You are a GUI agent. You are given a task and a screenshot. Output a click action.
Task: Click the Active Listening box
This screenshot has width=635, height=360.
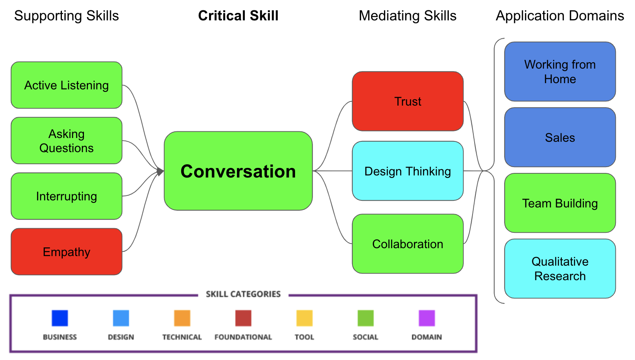pyautogui.click(x=66, y=85)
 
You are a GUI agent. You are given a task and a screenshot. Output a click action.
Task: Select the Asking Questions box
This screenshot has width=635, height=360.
pyautogui.click(x=66, y=141)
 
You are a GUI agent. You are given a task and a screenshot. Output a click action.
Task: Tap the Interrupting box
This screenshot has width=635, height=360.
pyautogui.click(x=66, y=196)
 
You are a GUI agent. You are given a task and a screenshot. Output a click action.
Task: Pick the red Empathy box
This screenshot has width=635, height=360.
pyautogui.click(x=66, y=252)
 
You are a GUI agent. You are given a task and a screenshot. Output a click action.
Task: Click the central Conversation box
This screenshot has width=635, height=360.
pyautogui.click(x=238, y=171)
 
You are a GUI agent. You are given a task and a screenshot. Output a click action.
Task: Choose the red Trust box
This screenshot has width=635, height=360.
pyautogui.click(x=408, y=101)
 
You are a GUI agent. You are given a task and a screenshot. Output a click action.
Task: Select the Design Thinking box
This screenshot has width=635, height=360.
pyautogui.click(x=408, y=171)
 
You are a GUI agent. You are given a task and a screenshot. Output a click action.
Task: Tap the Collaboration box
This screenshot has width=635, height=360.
pyautogui.click(x=408, y=244)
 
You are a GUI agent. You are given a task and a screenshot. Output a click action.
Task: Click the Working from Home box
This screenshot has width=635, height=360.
pyautogui.click(x=560, y=72)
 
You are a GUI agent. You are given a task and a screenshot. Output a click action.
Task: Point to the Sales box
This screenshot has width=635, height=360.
pyautogui.click(x=560, y=137)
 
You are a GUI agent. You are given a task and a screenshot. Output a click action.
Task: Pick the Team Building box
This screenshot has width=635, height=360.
pyautogui.click(x=560, y=203)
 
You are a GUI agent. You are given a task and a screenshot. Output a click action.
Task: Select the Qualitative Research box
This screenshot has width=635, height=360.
pyautogui.click(x=560, y=269)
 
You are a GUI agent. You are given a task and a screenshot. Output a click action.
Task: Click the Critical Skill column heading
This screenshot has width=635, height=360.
pyautogui.click(x=238, y=16)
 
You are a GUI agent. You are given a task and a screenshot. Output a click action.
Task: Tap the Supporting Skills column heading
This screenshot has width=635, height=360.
pyautogui.click(x=66, y=16)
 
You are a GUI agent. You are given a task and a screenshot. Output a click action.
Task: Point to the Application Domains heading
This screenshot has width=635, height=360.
pyautogui.click(x=560, y=16)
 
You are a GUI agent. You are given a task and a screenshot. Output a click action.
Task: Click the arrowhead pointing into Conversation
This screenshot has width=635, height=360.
pyautogui.click(x=160, y=171)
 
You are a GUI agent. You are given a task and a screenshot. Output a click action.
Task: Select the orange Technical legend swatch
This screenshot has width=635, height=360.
pyautogui.click(x=182, y=318)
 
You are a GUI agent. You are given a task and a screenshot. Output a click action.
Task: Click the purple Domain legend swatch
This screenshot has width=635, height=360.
pyautogui.click(x=427, y=318)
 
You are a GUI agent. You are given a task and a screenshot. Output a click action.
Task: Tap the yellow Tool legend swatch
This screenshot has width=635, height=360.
pyautogui.click(x=304, y=318)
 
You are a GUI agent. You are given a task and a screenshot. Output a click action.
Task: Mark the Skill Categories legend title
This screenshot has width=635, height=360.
pyautogui.click(x=243, y=294)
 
